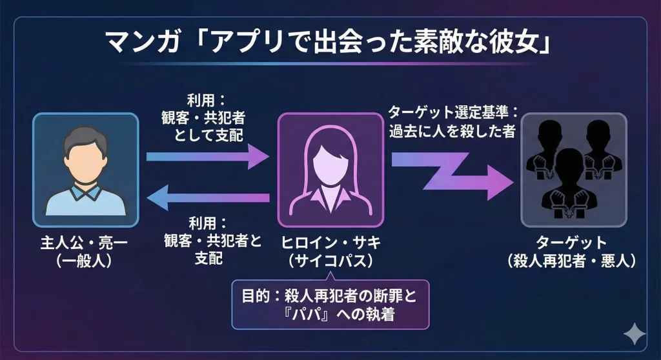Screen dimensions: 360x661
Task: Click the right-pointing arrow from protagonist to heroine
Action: coord(207,155)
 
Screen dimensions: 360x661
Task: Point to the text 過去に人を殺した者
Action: coord(451,130)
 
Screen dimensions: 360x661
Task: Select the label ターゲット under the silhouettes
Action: coord(572,243)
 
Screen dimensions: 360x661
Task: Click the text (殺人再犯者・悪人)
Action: coord(572,260)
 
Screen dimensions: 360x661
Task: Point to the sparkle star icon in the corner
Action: coord(634,334)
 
